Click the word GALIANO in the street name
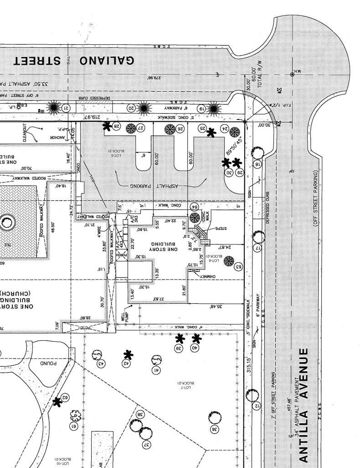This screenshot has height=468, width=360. coord(107,61)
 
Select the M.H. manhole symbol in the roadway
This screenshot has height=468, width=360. coord(292,74)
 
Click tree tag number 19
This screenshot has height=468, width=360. coord(201,108)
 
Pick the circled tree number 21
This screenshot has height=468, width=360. coord(66,108)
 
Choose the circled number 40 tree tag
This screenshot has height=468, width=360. coord(195,348)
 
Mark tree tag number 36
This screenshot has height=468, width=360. coord(214,429)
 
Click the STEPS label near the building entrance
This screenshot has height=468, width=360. coord(220,228)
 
